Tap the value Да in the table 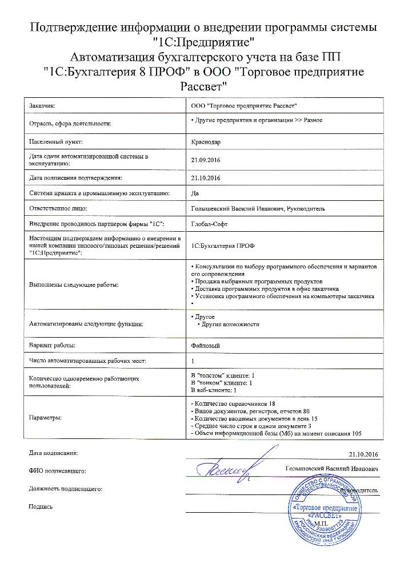tap(195, 193)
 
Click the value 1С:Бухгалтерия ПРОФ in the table tap(223, 245)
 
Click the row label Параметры tap(46, 417)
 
